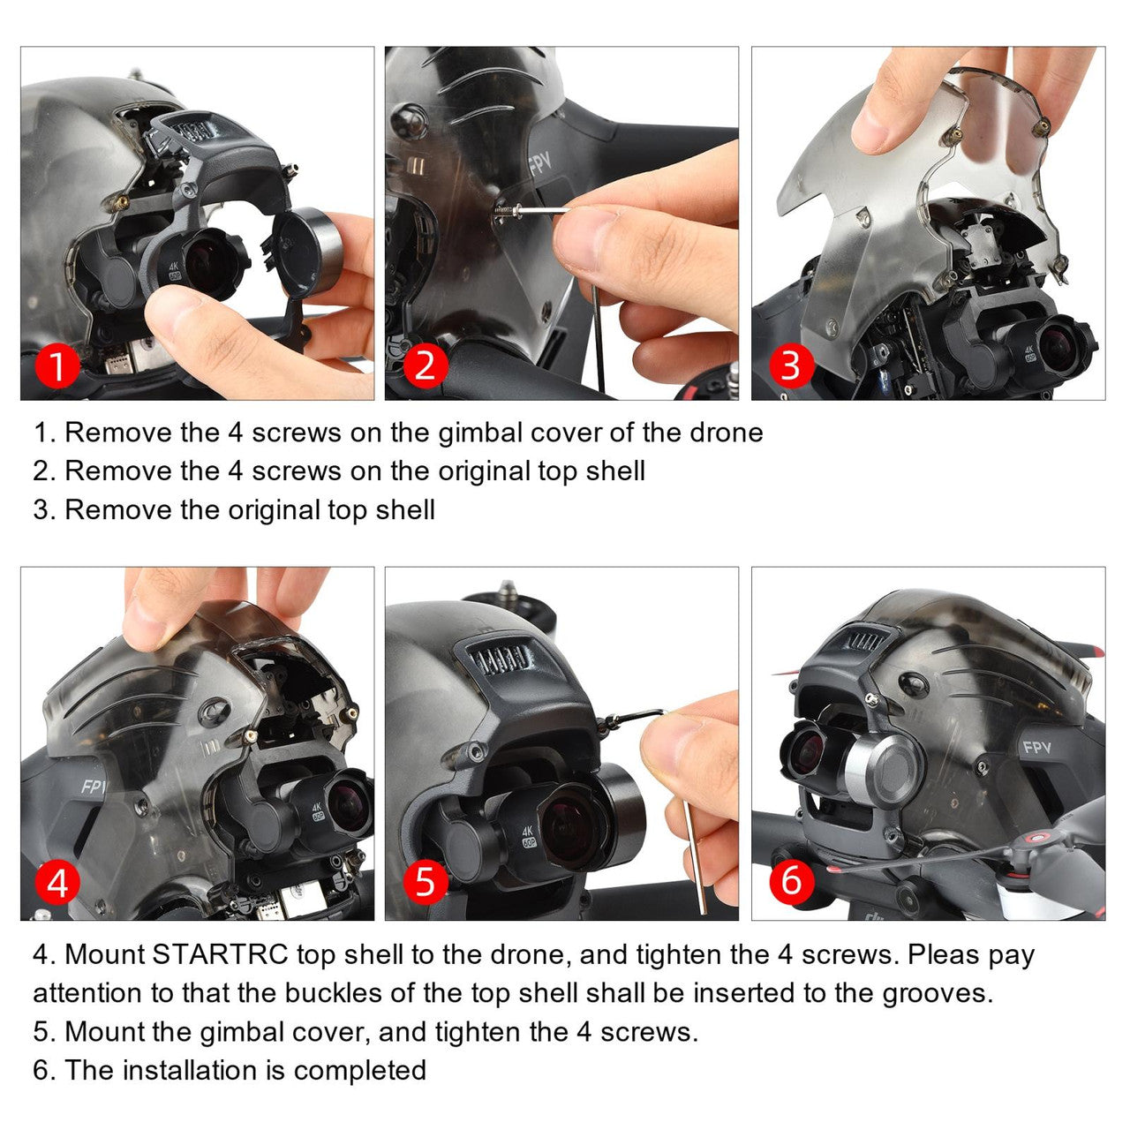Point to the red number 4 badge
click(57, 882)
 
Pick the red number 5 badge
click(425, 882)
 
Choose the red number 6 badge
click(791, 882)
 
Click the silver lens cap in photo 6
click(883, 768)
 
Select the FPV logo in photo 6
click(1036, 748)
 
